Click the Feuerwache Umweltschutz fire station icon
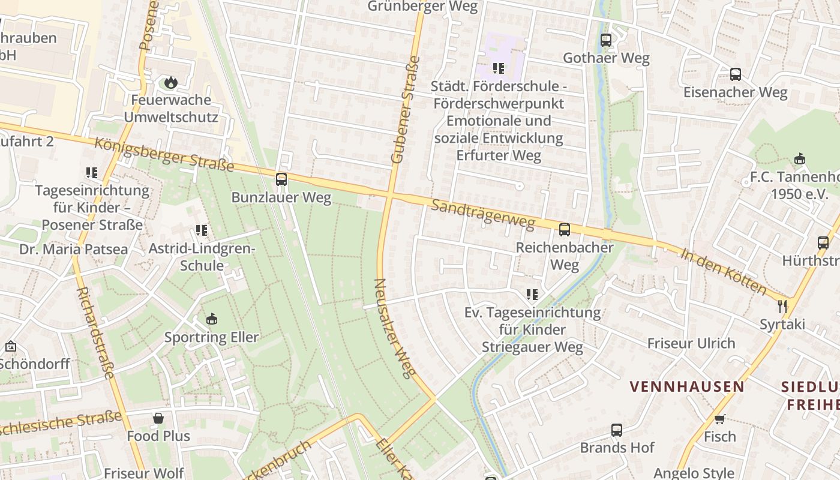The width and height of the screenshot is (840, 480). (171, 82)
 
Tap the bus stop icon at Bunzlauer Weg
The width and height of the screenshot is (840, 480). (281, 179)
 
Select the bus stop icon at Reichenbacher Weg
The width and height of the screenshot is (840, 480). (564, 229)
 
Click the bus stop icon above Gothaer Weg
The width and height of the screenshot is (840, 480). (606, 40)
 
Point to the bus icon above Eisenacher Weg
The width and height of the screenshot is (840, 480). (735, 74)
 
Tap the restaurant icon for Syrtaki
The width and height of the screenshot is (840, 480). (782, 307)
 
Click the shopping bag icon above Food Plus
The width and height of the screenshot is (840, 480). (158, 418)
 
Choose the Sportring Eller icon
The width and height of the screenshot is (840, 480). (211, 319)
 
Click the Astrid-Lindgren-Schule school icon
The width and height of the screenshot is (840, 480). (202, 230)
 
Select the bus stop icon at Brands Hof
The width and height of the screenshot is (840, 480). (617, 430)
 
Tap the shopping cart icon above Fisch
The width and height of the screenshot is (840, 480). (719, 418)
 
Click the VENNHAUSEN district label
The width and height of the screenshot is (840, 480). (686, 386)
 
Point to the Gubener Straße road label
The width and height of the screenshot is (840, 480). (406, 110)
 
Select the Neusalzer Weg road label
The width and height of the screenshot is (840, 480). (395, 328)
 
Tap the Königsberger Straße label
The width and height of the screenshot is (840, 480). (164, 154)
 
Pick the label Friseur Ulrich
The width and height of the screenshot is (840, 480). (691, 343)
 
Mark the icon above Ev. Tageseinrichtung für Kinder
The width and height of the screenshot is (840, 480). (532, 294)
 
